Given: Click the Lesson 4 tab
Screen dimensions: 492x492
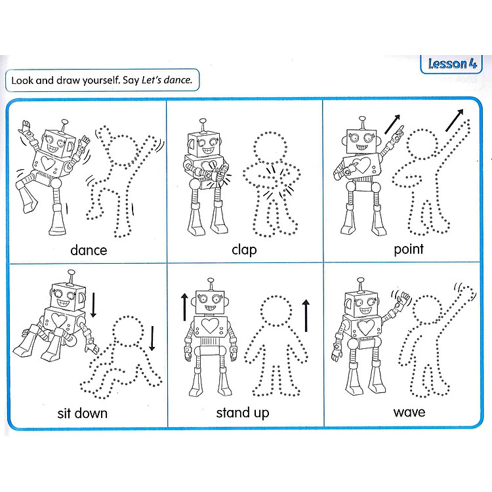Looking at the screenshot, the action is pyautogui.click(x=452, y=64).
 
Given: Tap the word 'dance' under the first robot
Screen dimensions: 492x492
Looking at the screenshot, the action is pyautogui.click(x=89, y=250).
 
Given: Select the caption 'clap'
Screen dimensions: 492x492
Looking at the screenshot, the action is pyautogui.click(x=244, y=250).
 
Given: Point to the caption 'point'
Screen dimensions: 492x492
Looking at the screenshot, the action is pyautogui.click(x=409, y=249).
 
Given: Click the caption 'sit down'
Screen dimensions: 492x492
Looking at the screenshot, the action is pyautogui.click(x=82, y=413).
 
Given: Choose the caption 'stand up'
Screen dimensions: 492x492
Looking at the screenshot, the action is pyautogui.click(x=242, y=413).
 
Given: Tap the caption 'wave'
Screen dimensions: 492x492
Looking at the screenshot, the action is pyautogui.click(x=409, y=412).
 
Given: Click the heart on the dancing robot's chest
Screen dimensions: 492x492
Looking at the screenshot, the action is pyautogui.click(x=48, y=163).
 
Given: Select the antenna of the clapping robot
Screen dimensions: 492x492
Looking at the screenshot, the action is pyautogui.click(x=203, y=125).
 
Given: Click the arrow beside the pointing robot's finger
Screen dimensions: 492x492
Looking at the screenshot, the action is pyautogui.click(x=392, y=124).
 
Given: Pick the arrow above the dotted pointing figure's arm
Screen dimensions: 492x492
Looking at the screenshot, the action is pyautogui.click(x=455, y=120).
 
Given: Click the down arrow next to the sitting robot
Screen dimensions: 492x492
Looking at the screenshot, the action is pyautogui.click(x=93, y=304).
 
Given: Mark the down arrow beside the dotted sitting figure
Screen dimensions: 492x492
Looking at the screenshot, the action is pyautogui.click(x=152, y=338).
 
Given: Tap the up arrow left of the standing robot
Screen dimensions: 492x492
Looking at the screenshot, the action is pyautogui.click(x=184, y=307).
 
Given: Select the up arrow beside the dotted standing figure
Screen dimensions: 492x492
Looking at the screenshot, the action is pyautogui.click(x=306, y=316).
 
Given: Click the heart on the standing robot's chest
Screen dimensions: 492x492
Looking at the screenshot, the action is pyautogui.click(x=210, y=325).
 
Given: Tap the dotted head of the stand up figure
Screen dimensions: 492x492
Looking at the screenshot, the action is pyautogui.click(x=276, y=311).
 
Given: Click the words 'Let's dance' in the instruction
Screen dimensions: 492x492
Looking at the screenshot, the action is pyautogui.click(x=167, y=80).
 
